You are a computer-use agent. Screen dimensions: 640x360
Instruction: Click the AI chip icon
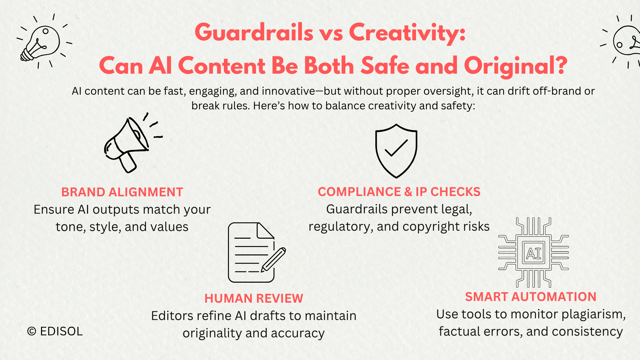coord(533,253)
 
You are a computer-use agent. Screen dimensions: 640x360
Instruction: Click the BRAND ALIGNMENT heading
coord(122,192)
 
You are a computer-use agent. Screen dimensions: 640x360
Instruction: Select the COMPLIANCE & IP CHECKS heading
coord(399,192)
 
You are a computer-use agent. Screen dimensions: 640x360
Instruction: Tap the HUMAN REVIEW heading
coord(254,298)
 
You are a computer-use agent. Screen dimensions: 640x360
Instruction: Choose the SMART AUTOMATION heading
coord(531,297)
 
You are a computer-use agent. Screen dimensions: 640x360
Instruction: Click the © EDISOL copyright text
coord(55,331)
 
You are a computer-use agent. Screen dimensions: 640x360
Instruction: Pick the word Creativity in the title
coord(407,33)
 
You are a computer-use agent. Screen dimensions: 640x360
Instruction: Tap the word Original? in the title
coord(516,66)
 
